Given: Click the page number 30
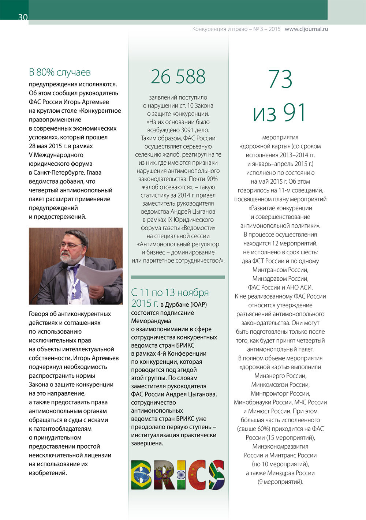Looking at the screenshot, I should (23, 17).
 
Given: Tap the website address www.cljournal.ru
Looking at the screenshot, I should (306, 29).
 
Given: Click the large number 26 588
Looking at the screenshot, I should (178, 77).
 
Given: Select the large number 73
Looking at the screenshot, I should (280, 79).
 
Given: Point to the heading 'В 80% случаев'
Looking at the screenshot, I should (60, 72).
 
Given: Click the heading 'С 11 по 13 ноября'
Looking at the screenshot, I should (170, 292).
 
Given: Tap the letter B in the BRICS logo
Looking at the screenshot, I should (141, 475).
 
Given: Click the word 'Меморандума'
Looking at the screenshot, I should (151, 321).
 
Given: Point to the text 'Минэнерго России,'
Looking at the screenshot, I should (280, 376).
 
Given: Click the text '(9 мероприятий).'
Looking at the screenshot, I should (280, 482).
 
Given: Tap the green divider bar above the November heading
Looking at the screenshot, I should (178, 277).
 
